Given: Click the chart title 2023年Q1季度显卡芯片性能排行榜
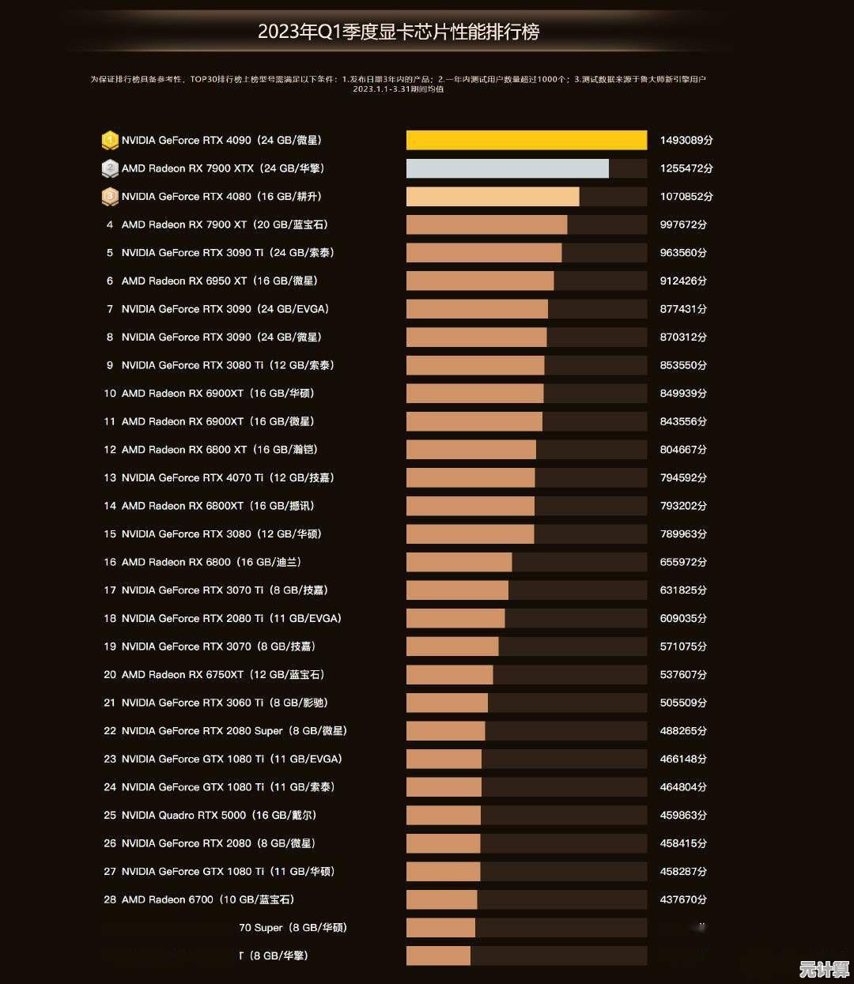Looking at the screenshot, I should [399, 32].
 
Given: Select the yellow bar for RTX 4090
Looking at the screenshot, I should [526, 140].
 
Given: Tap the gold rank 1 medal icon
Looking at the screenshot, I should [110, 140].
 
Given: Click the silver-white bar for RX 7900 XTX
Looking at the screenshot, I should [507, 168].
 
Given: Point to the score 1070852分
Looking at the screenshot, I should [686, 196].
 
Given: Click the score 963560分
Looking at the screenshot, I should [683, 253].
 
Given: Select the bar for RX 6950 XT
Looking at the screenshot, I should [479, 281].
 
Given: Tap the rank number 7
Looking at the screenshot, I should [110, 309].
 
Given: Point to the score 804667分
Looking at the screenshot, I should [683, 450].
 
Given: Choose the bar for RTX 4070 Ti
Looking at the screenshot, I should [470, 477].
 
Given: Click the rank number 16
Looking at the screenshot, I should [110, 562].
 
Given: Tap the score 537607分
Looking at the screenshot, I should [683, 674].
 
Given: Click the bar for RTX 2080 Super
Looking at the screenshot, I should [445, 731].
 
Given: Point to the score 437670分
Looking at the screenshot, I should [683, 899].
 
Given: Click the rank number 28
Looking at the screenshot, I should [110, 899].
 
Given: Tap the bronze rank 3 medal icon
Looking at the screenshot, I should [110, 196].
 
